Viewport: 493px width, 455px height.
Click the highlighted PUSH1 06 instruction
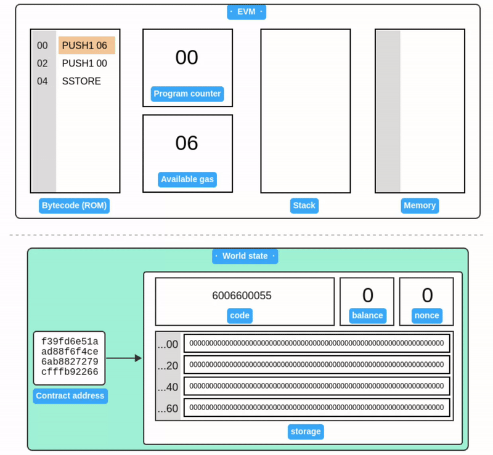(86, 46)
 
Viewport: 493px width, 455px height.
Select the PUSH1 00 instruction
(84, 63)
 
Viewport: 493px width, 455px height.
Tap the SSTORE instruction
(81, 81)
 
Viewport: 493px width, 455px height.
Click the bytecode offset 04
(43, 81)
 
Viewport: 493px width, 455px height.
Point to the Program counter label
(187, 94)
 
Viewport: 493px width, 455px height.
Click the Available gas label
(187, 180)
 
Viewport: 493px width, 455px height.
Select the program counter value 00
(187, 58)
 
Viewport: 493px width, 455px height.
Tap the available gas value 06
(187, 143)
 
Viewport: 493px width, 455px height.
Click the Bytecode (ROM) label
(75, 206)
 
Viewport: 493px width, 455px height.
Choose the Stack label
(304, 206)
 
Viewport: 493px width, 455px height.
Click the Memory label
(420, 206)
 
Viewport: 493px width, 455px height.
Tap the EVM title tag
(246, 12)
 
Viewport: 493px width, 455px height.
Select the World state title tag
(245, 256)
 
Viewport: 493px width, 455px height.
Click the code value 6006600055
(242, 296)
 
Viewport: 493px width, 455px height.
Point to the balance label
(367, 315)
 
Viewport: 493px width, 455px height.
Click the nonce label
(427, 315)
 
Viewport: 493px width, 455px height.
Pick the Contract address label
(70, 396)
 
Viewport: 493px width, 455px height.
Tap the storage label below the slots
(306, 432)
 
